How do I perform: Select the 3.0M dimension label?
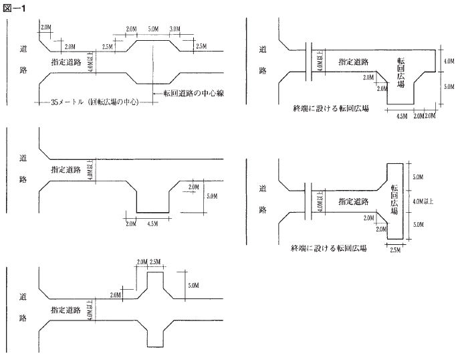176,29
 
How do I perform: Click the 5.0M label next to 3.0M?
153,29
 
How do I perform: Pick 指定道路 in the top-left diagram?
67,61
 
